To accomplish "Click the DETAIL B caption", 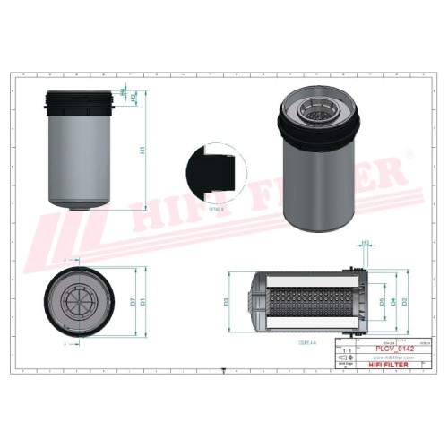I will (215, 208).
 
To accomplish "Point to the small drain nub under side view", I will (80, 207).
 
